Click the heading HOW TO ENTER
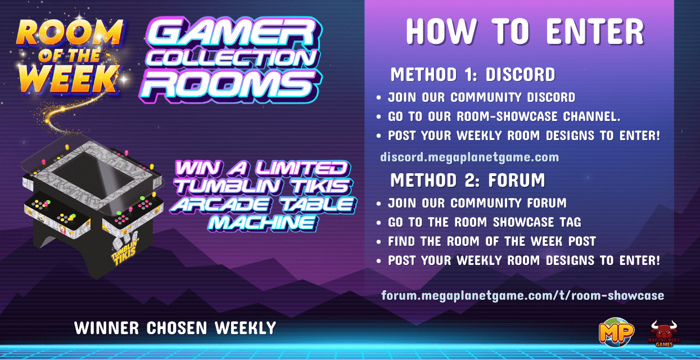pyautogui.click(x=525, y=31)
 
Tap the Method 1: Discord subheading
pyautogui.click(x=473, y=74)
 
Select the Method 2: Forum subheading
pyautogui.click(x=467, y=180)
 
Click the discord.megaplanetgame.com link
pyautogui.click(x=469, y=157)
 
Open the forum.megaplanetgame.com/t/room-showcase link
pyautogui.click(x=522, y=295)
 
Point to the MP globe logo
pyautogui.click(x=616, y=332)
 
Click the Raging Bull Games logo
pyautogui.click(x=664, y=334)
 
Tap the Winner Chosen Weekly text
pyautogui.click(x=175, y=328)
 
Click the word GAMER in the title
pyautogui.click(x=232, y=33)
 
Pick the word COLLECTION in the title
pyautogui.click(x=232, y=58)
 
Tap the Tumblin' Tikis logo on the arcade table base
pyautogui.click(x=125, y=251)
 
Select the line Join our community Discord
pyautogui.click(x=481, y=97)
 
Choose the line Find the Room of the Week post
pyautogui.click(x=491, y=241)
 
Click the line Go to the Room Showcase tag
pyautogui.click(x=484, y=222)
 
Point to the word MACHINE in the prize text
pyautogui.click(x=262, y=223)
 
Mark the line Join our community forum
pyautogui.click(x=477, y=203)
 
